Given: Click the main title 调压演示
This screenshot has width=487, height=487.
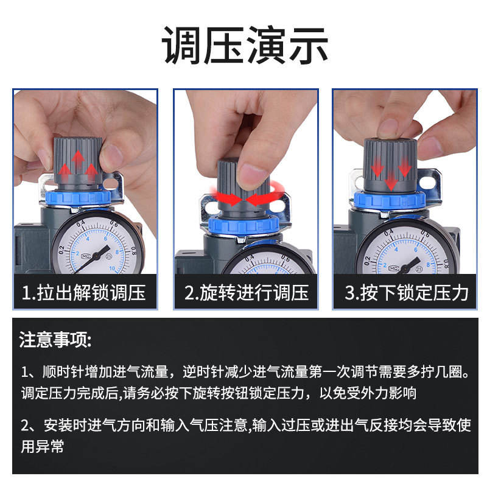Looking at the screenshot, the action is (245, 45).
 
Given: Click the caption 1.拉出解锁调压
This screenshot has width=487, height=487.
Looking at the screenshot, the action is (84, 292).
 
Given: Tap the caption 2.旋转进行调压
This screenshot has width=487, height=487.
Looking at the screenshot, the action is (247, 292).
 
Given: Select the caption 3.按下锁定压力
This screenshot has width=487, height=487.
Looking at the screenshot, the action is (407, 292).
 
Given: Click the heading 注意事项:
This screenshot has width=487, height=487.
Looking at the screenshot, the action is (55, 340).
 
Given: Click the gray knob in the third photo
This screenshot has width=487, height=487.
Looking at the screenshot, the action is (390, 165).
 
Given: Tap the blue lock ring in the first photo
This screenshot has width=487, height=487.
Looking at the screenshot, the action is (78, 197).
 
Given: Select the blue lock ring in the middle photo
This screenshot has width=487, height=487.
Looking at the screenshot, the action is (244, 225).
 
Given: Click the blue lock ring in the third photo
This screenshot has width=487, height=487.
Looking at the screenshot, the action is (390, 200).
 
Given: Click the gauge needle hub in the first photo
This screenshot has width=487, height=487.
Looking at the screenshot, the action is (96, 256).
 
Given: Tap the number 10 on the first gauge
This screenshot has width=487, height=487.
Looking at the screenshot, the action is (112, 268).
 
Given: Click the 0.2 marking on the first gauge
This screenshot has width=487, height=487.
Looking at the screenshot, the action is (61, 250).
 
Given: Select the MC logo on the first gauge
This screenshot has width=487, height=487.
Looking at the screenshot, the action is (86, 256).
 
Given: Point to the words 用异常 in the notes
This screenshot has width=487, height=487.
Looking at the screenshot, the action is (42, 446).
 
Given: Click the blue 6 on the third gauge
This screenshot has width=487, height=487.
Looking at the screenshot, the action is (416, 250).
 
